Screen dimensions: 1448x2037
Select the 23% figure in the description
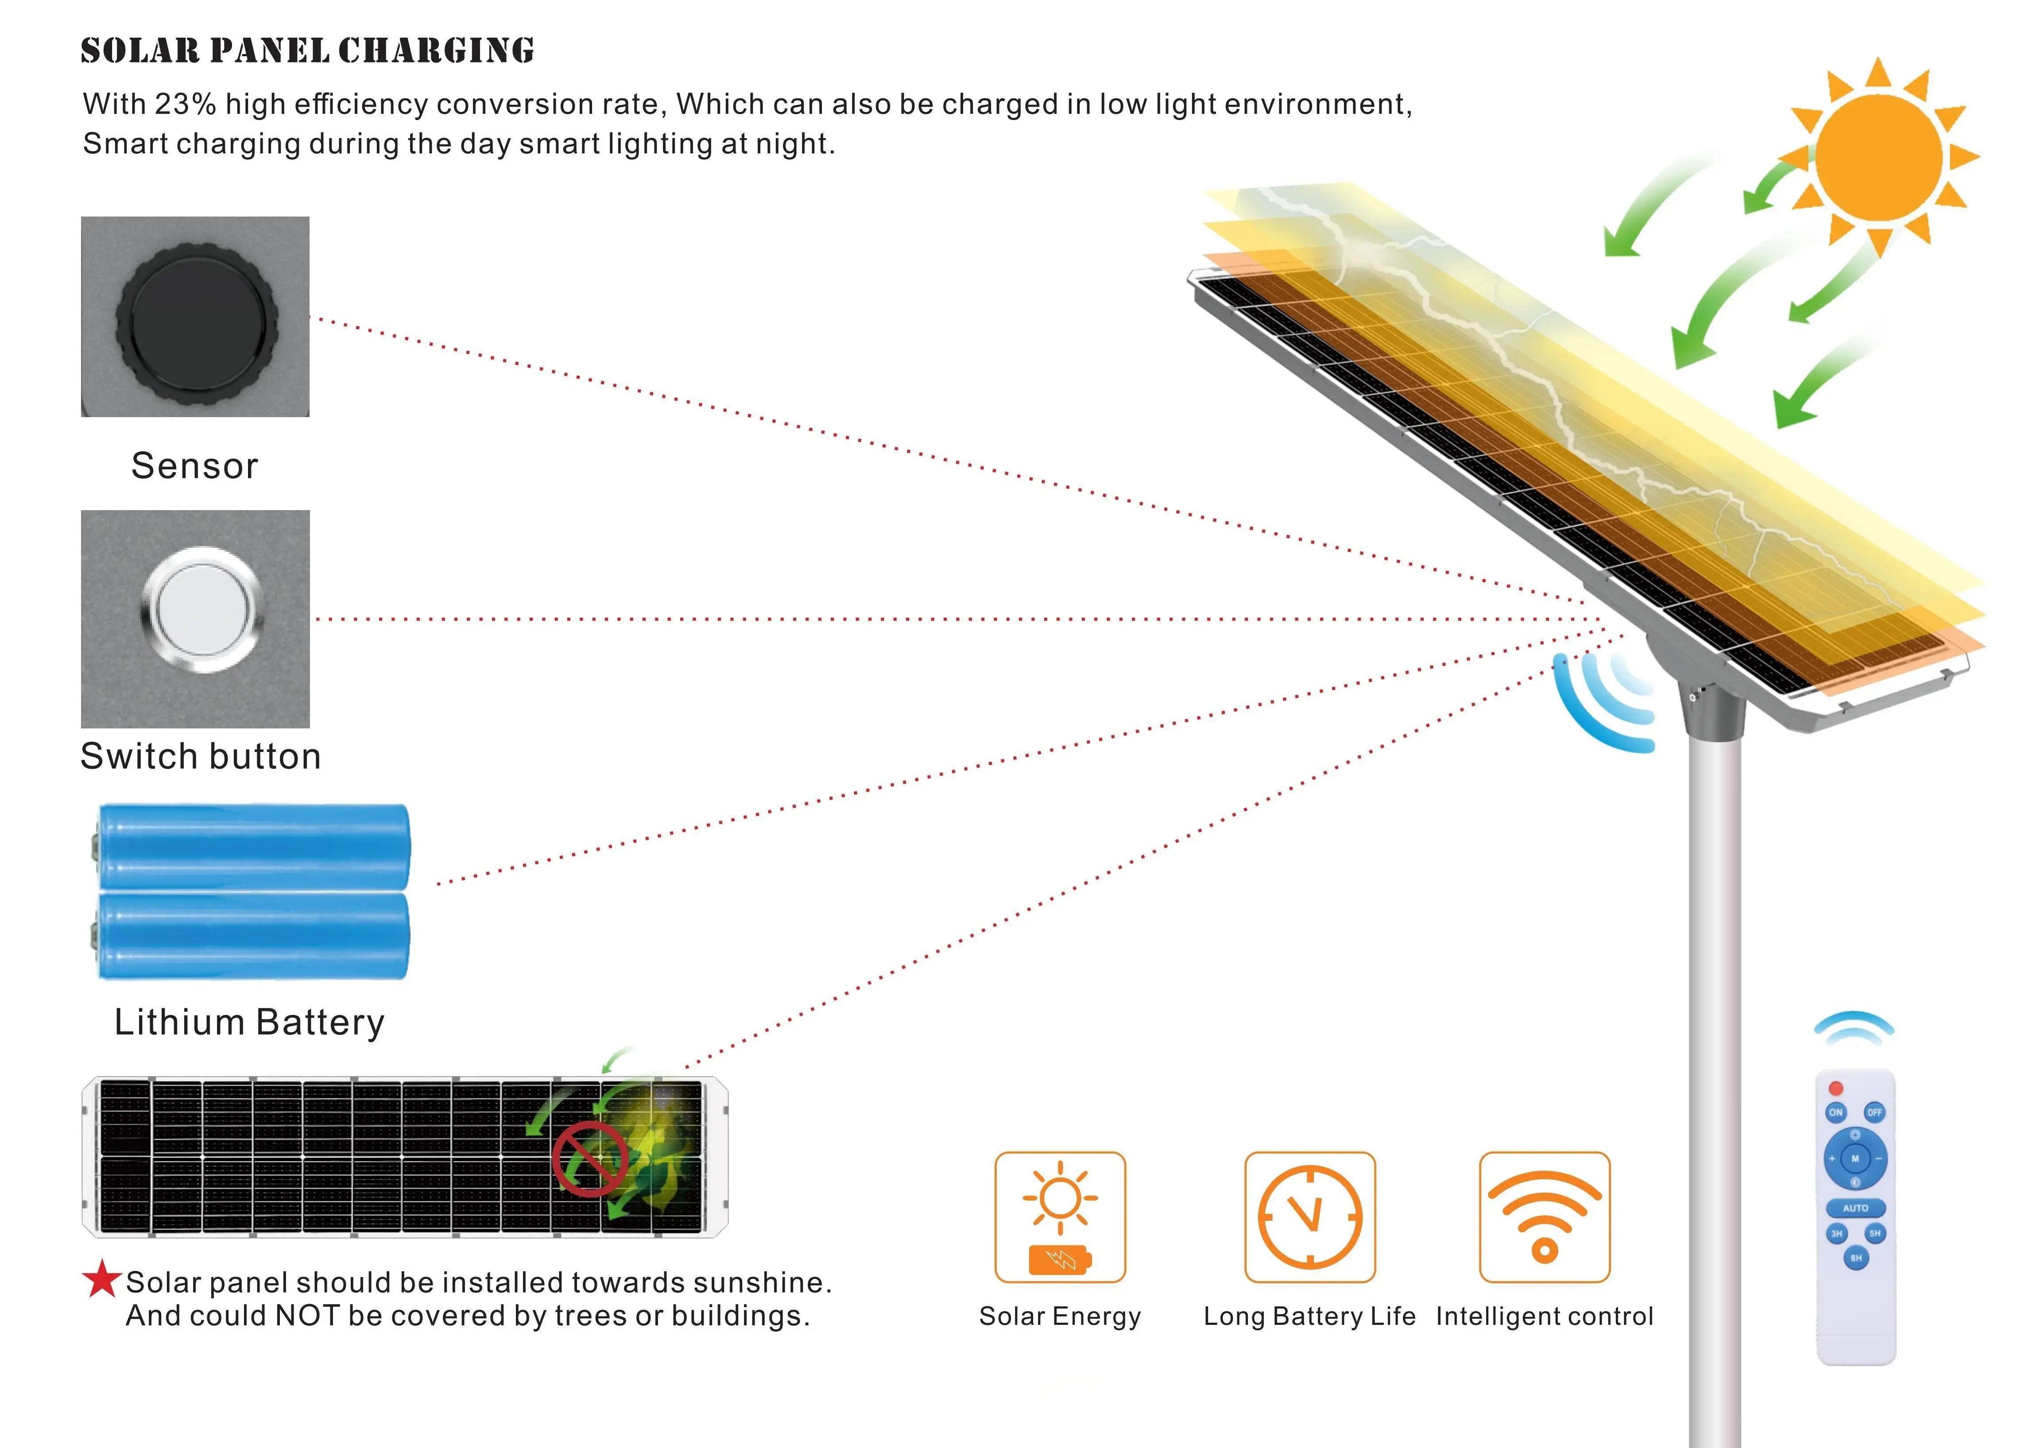[185, 105]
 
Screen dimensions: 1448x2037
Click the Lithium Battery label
[250, 1022]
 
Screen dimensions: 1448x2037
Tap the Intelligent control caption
[1544, 1316]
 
